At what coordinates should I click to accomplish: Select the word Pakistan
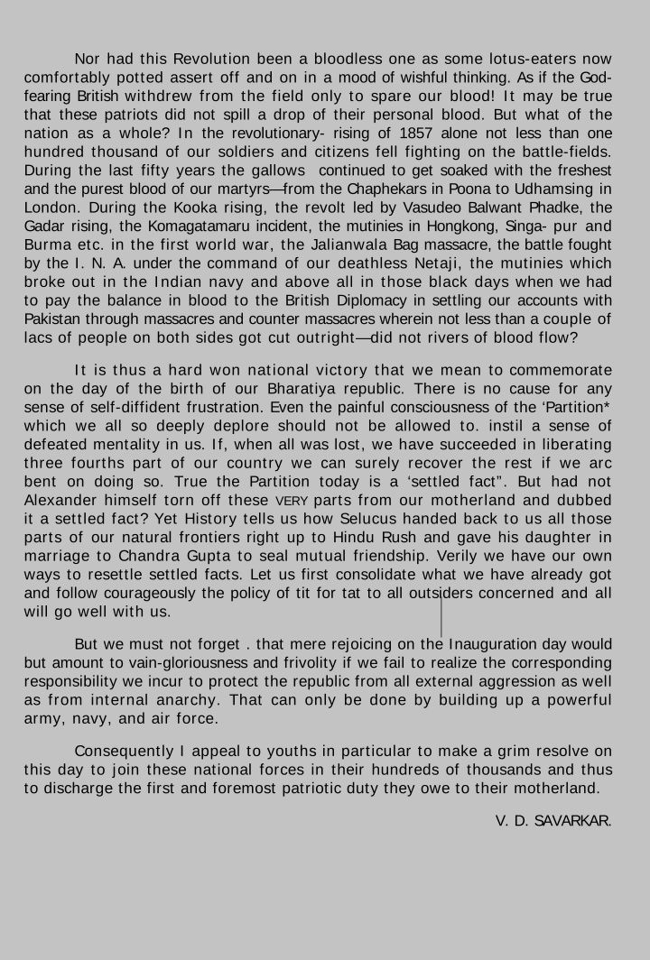click(x=51, y=319)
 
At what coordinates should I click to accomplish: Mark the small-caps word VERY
click(x=292, y=501)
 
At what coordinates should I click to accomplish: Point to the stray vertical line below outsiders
click(x=441, y=615)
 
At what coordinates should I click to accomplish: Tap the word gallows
click(x=255, y=170)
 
